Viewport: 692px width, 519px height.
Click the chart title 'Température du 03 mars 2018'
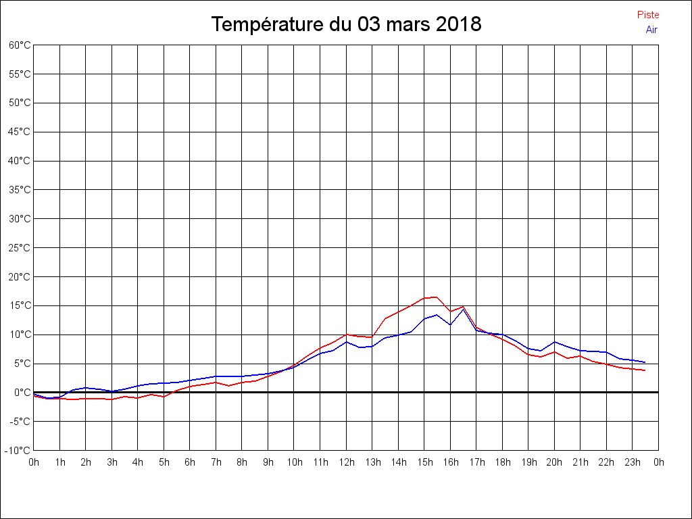(x=346, y=25)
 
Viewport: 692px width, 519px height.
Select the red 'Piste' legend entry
(x=647, y=15)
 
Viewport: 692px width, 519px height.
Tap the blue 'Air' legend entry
(x=651, y=30)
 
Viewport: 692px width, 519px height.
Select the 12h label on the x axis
(x=346, y=462)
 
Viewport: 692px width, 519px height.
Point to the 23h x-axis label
(x=633, y=462)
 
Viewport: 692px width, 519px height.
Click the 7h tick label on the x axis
(x=216, y=462)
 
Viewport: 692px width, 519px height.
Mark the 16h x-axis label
(x=450, y=462)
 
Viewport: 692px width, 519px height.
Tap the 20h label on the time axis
(x=554, y=462)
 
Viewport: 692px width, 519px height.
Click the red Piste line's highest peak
(x=437, y=297)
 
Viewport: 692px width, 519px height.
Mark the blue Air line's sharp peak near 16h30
(x=463, y=310)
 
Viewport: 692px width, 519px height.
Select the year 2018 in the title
(x=458, y=25)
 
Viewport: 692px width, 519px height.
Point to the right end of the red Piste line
(x=645, y=370)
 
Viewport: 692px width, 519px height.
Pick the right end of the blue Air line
(x=645, y=362)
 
